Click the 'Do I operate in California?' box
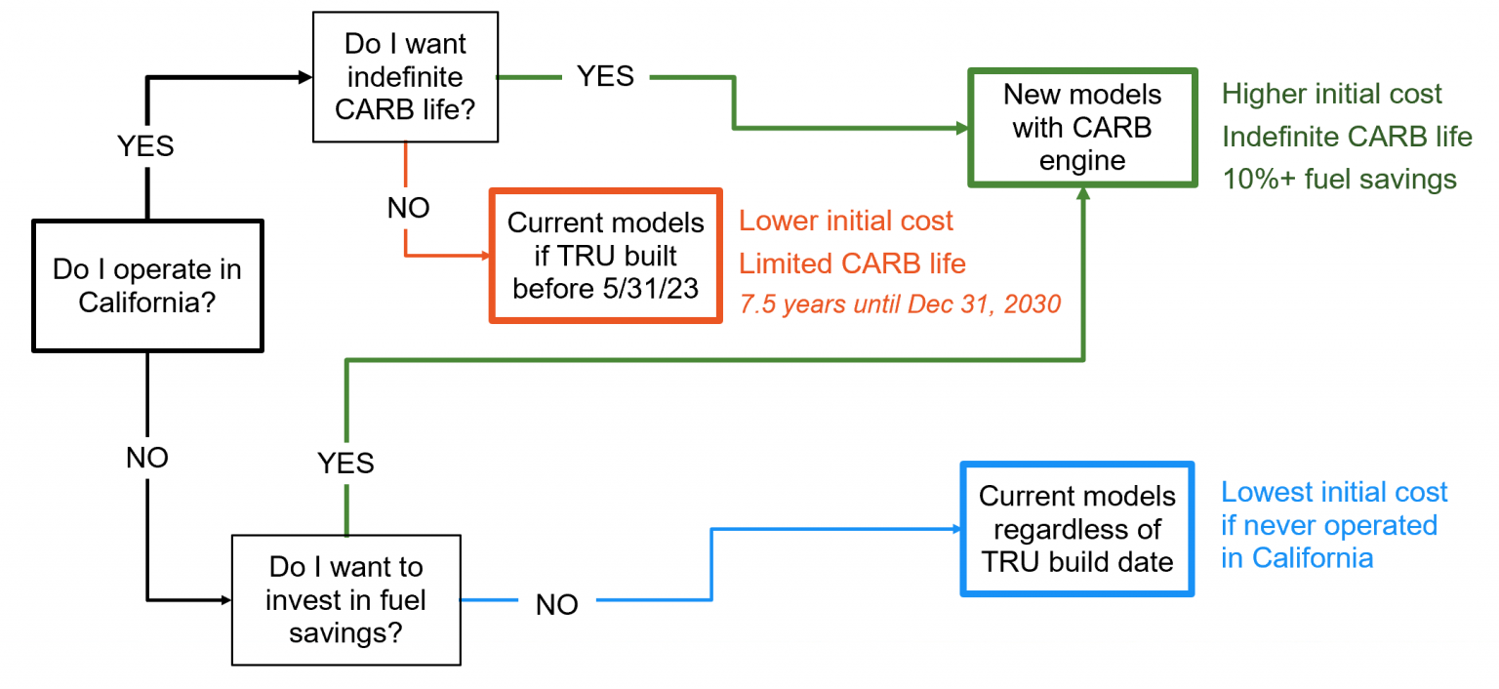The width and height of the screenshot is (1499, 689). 147,285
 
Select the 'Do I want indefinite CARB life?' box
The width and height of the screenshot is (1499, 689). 405,77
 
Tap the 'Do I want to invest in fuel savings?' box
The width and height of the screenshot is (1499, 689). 345,599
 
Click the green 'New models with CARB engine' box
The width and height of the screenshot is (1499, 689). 1081,127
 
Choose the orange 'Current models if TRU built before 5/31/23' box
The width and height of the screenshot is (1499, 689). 605,255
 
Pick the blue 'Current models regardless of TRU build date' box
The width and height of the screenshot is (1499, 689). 1076,528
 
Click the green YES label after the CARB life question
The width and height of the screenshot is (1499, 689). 605,76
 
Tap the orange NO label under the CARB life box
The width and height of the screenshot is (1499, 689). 408,208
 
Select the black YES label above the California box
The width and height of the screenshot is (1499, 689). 145,145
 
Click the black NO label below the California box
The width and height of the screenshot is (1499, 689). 147,458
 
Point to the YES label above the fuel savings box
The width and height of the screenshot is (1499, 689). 345,463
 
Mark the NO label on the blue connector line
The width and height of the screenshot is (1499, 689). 556,605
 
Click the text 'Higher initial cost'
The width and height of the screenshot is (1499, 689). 1331,95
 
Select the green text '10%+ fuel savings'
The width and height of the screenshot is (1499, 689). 1339,180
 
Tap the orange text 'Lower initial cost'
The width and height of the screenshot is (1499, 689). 845,221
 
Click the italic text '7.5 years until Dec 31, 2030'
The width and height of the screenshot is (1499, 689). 899,304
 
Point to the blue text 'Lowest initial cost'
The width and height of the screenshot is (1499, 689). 1334,492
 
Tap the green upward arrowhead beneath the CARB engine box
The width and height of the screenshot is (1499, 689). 1082,194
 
